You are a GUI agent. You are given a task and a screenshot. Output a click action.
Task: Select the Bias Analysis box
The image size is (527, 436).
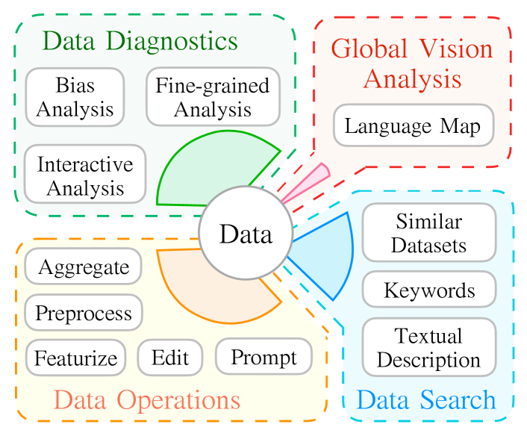coord(75,97)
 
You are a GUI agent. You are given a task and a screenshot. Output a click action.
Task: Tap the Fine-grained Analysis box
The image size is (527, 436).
coord(213,97)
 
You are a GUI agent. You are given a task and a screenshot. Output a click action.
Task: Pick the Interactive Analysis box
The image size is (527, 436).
coord(85,175)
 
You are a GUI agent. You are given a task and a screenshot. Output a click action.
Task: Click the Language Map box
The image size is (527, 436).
coord(414,126)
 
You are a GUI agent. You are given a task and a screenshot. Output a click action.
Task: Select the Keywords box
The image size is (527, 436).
coord(428,289)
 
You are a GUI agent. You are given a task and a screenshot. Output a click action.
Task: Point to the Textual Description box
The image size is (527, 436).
coord(428,347)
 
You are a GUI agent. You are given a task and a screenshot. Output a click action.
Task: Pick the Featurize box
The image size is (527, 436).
coord(76,358)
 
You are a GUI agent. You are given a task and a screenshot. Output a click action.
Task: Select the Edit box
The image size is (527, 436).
coord(170,358)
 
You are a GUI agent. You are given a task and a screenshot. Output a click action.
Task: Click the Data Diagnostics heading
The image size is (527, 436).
coord(140,40)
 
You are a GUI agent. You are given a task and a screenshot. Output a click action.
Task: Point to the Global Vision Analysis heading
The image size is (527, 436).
coord(412,63)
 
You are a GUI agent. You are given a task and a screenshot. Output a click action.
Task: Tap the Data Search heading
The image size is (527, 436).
coord(426,399)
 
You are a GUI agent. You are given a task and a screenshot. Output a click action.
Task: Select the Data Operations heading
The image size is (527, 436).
coord(147,400)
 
